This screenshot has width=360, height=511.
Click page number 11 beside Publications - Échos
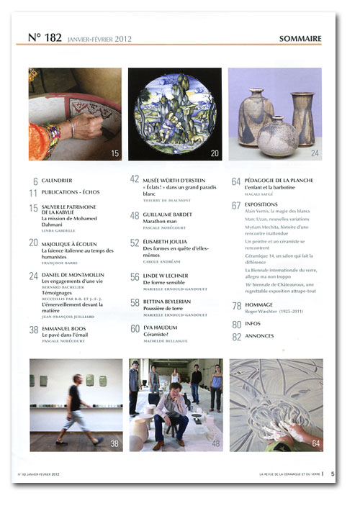point(33,193)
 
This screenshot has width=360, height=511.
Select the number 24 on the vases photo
point(315,153)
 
